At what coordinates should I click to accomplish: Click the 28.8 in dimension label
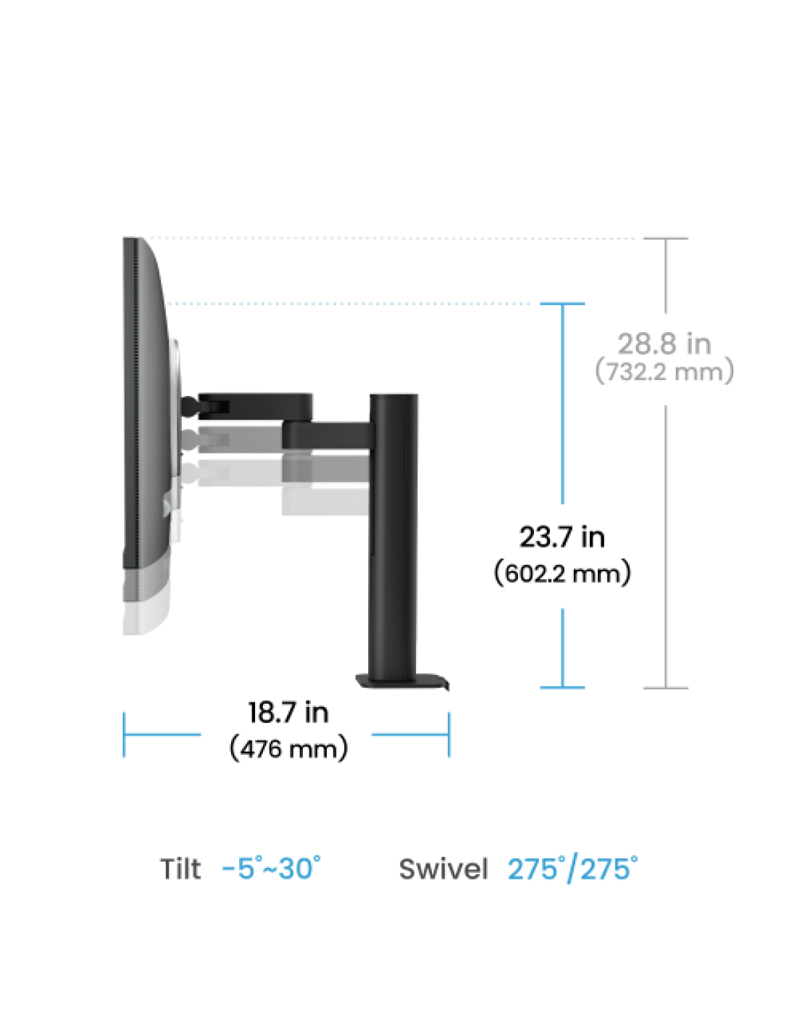(664, 344)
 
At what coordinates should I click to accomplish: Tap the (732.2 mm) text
(664, 371)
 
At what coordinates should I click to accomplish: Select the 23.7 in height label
(562, 537)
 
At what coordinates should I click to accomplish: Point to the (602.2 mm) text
(562, 574)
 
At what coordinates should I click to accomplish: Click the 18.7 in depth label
(288, 712)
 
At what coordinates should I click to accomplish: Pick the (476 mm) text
(288, 749)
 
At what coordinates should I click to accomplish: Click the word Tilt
(180, 869)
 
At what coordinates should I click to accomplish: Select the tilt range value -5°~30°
(271, 868)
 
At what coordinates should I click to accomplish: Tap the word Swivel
(443, 869)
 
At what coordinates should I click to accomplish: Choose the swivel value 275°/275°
(572, 869)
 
